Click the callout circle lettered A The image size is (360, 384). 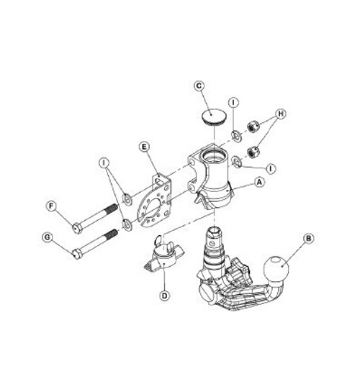[257, 184]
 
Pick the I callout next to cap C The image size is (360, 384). [234, 103]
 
